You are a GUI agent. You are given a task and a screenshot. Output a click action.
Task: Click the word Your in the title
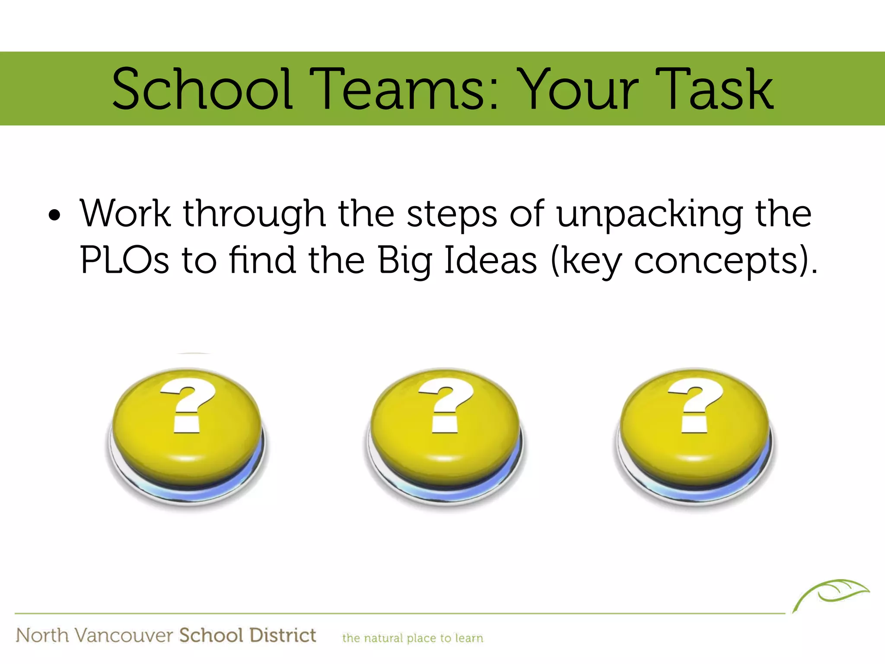578,89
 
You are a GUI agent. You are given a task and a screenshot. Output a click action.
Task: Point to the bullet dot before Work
54,215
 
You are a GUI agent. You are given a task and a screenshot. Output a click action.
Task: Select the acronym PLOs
124,260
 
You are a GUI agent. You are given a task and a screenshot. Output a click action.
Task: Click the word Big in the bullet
405,260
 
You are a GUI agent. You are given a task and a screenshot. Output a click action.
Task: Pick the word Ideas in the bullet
490,260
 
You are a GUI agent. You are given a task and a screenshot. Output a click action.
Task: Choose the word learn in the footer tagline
469,638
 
